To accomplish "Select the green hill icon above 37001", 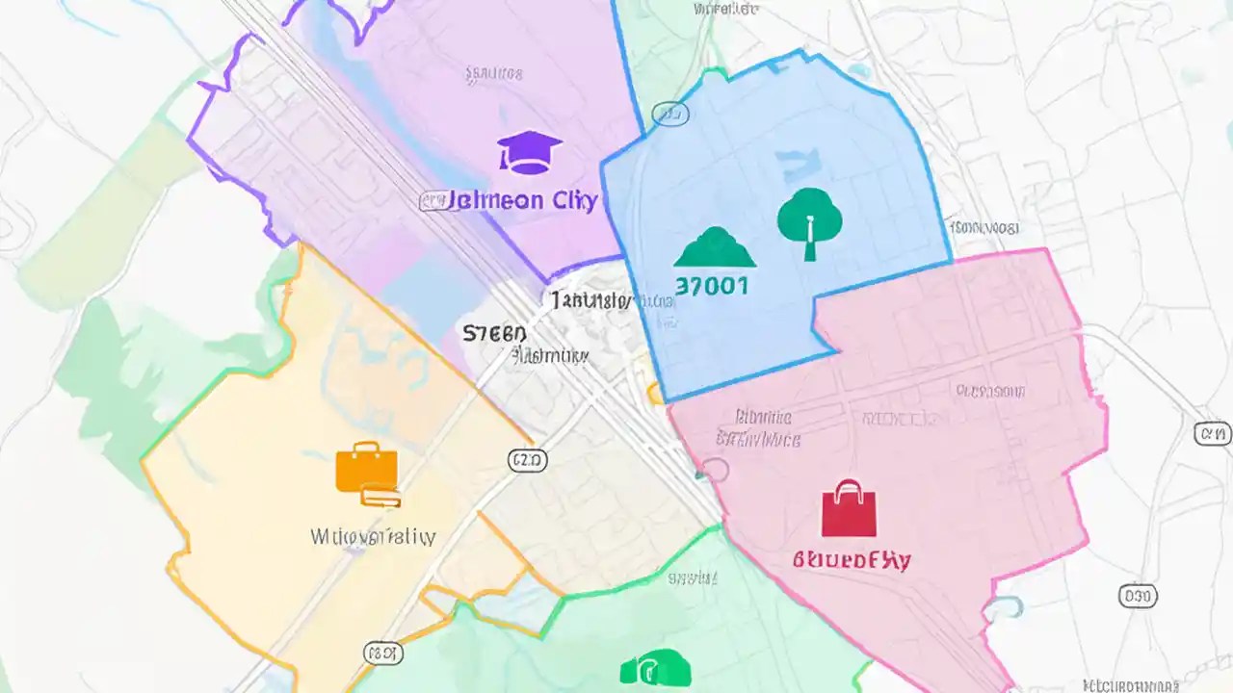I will (715, 248).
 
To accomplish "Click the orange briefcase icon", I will (366, 468).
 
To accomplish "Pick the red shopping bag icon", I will (849, 509).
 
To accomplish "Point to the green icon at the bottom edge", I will (656, 668).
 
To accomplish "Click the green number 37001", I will (713, 286).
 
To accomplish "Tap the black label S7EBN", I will (495, 333).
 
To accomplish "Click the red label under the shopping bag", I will (852, 559).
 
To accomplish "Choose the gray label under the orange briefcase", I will (373, 536).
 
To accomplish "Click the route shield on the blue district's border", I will (670, 115).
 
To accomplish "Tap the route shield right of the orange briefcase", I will (527, 460).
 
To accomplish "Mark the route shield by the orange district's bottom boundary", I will (382, 654).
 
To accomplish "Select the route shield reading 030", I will (1138, 596).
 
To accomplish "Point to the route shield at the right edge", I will (1212, 434).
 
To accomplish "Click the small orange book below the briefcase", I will (381, 498).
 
